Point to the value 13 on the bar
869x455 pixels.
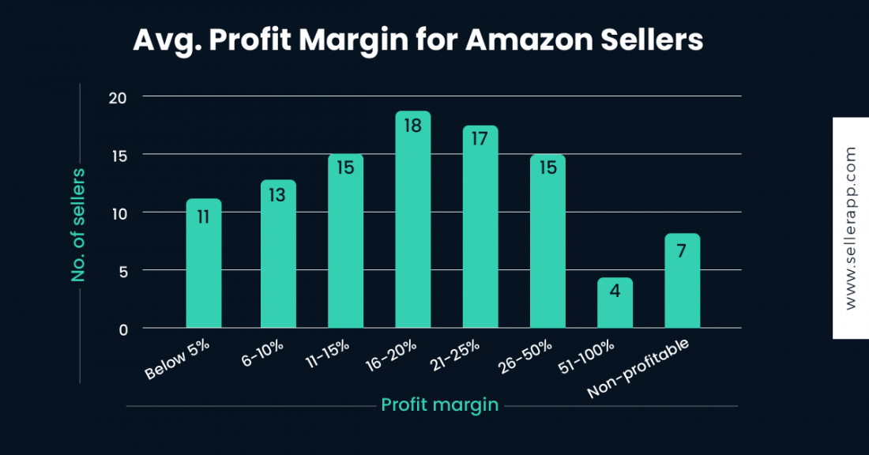(x=277, y=194)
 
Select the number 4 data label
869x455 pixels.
(x=615, y=291)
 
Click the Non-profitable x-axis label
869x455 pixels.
(x=639, y=368)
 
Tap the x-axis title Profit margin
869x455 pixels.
(x=439, y=405)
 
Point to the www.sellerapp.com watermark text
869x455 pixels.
(x=850, y=228)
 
